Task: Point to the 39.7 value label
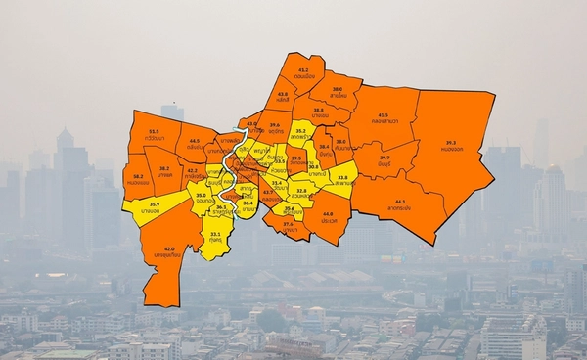(x=384, y=157)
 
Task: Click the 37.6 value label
(x=288, y=224)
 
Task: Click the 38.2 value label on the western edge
(x=137, y=176)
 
